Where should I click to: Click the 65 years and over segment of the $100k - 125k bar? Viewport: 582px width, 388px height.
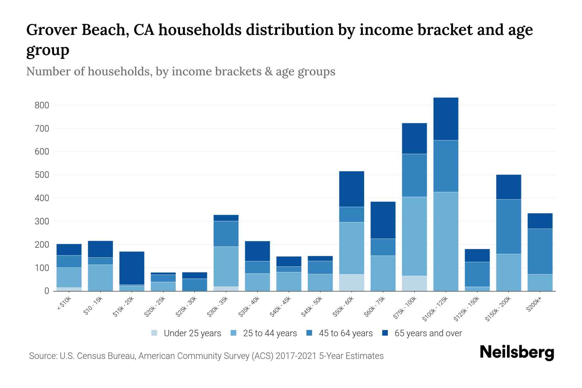click(x=446, y=119)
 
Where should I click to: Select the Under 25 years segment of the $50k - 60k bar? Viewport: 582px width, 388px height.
click(x=351, y=283)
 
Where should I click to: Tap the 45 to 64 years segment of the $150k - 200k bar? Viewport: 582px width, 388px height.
click(x=508, y=227)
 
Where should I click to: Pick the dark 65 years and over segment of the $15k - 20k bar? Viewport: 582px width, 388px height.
click(x=132, y=268)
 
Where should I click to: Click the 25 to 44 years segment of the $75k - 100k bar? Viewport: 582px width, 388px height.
click(x=414, y=236)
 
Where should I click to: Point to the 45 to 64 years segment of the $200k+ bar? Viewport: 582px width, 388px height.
click(x=540, y=252)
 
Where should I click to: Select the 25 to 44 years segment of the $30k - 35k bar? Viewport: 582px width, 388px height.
click(x=226, y=266)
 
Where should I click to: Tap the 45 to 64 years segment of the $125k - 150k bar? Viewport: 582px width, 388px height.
click(x=477, y=274)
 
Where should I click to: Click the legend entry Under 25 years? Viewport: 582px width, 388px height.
click(x=192, y=333)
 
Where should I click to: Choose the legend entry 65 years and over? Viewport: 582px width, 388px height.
click(x=428, y=333)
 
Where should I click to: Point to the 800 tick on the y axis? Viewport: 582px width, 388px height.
click(x=42, y=105)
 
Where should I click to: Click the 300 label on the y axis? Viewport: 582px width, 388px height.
click(x=42, y=221)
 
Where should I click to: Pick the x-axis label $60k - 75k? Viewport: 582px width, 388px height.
click(x=374, y=307)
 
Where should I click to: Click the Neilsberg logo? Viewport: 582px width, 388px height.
click(x=517, y=352)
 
